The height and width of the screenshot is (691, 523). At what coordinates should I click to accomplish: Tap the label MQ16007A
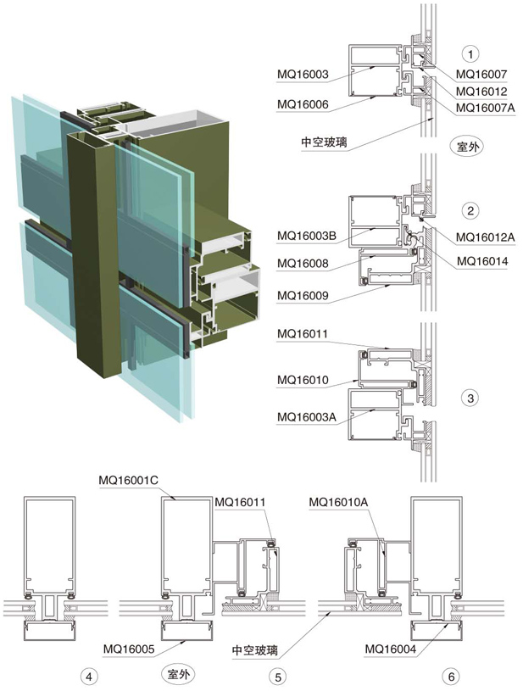click(488, 108)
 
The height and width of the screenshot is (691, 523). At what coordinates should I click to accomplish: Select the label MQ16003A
click(308, 415)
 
